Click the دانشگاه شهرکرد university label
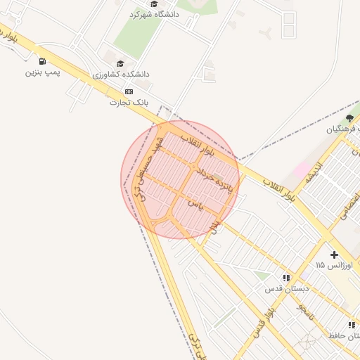tap(155, 14)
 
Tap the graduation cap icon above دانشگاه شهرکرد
tap(155, 4)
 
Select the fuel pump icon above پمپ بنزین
tap(44, 62)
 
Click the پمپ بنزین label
tap(44, 72)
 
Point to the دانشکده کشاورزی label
tap(121, 74)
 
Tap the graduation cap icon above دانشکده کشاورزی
tap(120, 64)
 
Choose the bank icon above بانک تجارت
tap(128, 91)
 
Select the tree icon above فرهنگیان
tap(350, 118)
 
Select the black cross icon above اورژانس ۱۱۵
tap(334, 255)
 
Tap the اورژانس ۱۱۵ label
tap(329, 265)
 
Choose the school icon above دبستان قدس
tap(286, 278)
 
